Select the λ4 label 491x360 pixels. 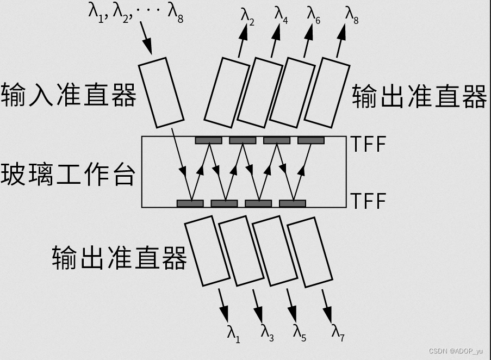pos(281,14)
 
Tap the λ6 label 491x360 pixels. pos(314,14)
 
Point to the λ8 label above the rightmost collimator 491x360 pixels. pos(352,14)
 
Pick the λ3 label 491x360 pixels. pos(266,333)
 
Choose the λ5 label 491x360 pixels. pos(300,333)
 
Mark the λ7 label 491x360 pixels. pos(338,333)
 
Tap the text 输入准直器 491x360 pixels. pos(69,95)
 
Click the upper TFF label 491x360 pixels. pos(368,144)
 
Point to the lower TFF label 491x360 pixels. pos(368,201)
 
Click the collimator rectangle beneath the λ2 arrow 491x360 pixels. pos(227,90)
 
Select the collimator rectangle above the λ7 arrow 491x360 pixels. pos(310,252)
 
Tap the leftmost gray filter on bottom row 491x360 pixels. pos(190,203)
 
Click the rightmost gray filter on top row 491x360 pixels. pos(311,140)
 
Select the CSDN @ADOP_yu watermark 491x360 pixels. pos(455,351)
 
